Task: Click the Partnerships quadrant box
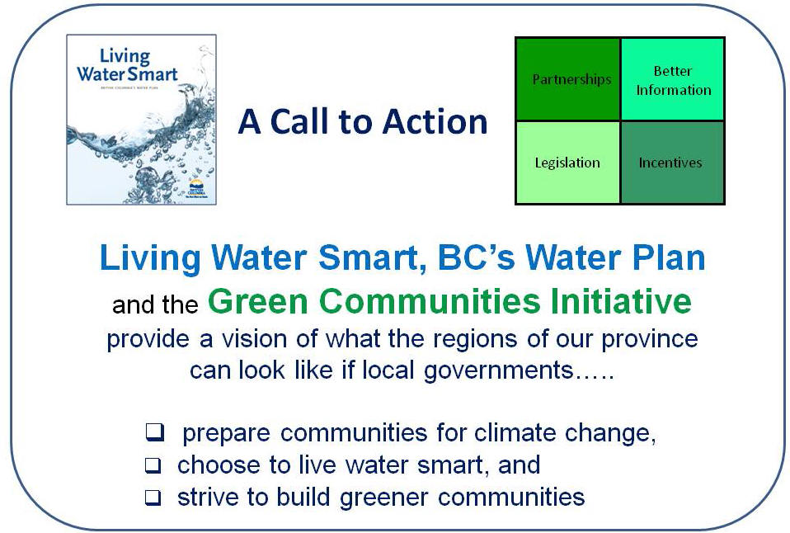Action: point(568,79)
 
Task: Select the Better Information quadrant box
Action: point(672,79)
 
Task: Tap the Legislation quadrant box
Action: point(568,163)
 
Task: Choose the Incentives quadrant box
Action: point(672,163)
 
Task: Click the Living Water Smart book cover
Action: point(141,120)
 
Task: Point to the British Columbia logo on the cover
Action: point(196,186)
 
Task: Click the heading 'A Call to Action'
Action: point(363,122)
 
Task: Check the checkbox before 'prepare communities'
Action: point(154,432)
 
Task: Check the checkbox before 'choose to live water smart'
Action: point(154,465)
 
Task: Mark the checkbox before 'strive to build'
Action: point(154,498)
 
